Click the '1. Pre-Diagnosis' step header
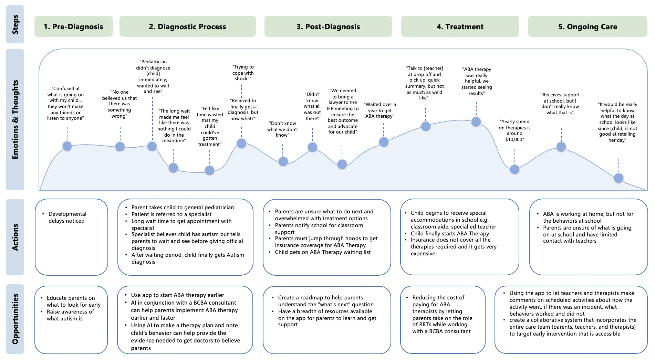[x=73, y=27]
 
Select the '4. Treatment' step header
[x=460, y=27]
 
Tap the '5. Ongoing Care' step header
[x=588, y=27]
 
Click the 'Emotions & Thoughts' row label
[x=15, y=119]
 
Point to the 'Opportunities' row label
[x=15, y=319]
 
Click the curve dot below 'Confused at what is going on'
[x=67, y=146]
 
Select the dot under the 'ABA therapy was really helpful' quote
[x=476, y=121]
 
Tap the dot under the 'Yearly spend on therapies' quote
[x=514, y=169]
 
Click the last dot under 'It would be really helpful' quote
[x=618, y=178]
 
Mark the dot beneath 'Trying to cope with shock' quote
[x=241, y=144]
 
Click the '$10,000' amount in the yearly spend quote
[x=514, y=139]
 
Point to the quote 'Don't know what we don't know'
[x=282, y=129]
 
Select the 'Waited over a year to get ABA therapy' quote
[x=380, y=110]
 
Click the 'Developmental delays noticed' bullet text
[x=67, y=217]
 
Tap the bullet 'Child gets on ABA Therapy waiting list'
[x=323, y=252]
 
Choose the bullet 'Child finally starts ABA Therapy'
[x=450, y=233]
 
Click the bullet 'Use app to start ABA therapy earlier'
[x=177, y=295]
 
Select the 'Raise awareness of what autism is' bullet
[x=70, y=315]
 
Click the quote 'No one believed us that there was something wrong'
[x=119, y=104]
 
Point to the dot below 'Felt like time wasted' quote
[x=209, y=170]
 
